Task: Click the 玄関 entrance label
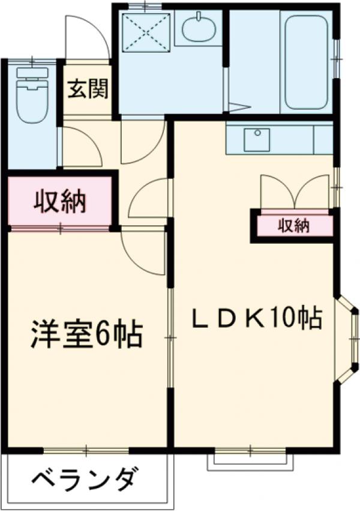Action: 88,89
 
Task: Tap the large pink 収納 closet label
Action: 59,202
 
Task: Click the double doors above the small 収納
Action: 294,192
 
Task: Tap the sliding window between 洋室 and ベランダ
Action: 87,450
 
